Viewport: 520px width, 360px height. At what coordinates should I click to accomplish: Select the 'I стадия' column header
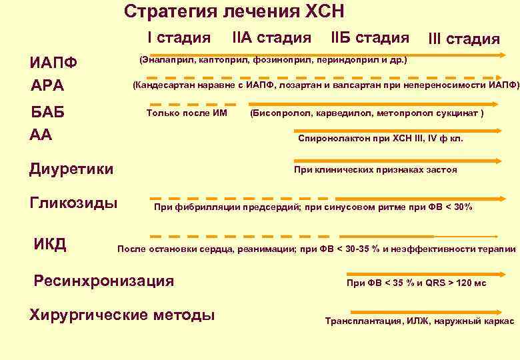[179, 37]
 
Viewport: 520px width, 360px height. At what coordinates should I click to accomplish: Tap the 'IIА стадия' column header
[272, 37]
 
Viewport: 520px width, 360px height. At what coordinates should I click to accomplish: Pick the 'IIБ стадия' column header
[370, 37]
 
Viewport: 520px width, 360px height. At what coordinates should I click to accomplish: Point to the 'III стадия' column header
[465, 39]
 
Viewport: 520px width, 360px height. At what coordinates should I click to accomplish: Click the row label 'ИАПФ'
[53, 63]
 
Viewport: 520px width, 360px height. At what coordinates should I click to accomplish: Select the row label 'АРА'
[47, 86]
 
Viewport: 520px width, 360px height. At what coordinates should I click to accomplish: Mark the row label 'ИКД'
[49, 244]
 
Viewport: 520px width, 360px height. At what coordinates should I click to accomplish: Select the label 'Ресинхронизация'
[103, 281]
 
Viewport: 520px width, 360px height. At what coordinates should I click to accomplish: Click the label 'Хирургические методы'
[122, 314]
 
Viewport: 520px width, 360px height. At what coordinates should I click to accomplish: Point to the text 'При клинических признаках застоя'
[375, 170]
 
